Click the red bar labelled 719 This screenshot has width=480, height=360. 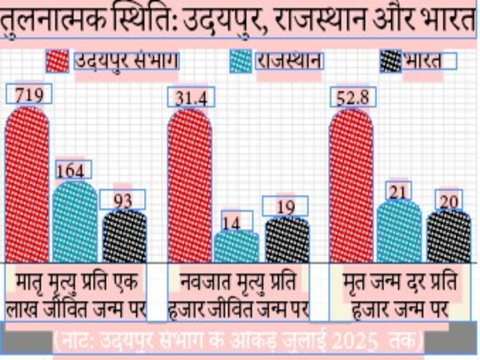(x=27, y=184)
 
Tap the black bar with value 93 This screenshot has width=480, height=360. (x=124, y=236)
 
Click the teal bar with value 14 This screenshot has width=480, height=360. (x=236, y=246)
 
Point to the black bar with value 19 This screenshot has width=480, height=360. (x=286, y=240)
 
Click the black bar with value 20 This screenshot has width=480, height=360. (x=448, y=236)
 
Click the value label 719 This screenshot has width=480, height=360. (x=28, y=96)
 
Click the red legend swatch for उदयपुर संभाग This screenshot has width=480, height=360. (x=57, y=62)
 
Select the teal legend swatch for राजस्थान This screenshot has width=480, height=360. (x=240, y=62)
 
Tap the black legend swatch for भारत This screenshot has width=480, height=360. (x=391, y=62)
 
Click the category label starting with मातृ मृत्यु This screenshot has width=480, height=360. (x=77, y=294)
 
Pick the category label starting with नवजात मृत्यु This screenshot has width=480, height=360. (x=238, y=294)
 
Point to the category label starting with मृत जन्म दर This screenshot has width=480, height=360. (x=399, y=294)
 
